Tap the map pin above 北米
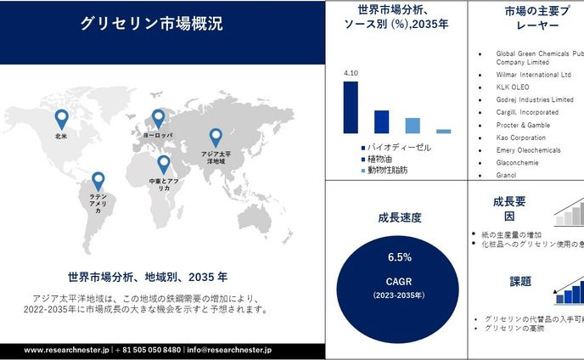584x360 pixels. click(61, 119)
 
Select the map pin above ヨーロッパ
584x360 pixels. click(158, 119)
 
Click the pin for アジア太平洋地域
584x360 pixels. click(216, 137)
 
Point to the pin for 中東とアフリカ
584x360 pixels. click(163, 164)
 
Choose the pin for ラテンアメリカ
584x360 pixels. click(98, 180)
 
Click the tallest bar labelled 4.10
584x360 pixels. click(351, 107)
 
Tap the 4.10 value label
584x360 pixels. click(351, 74)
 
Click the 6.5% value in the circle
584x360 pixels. click(399, 256)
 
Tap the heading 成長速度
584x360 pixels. click(398, 218)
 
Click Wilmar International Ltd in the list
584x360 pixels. click(539, 74)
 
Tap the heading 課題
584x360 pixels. click(520, 282)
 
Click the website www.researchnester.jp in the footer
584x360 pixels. click(67, 349)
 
